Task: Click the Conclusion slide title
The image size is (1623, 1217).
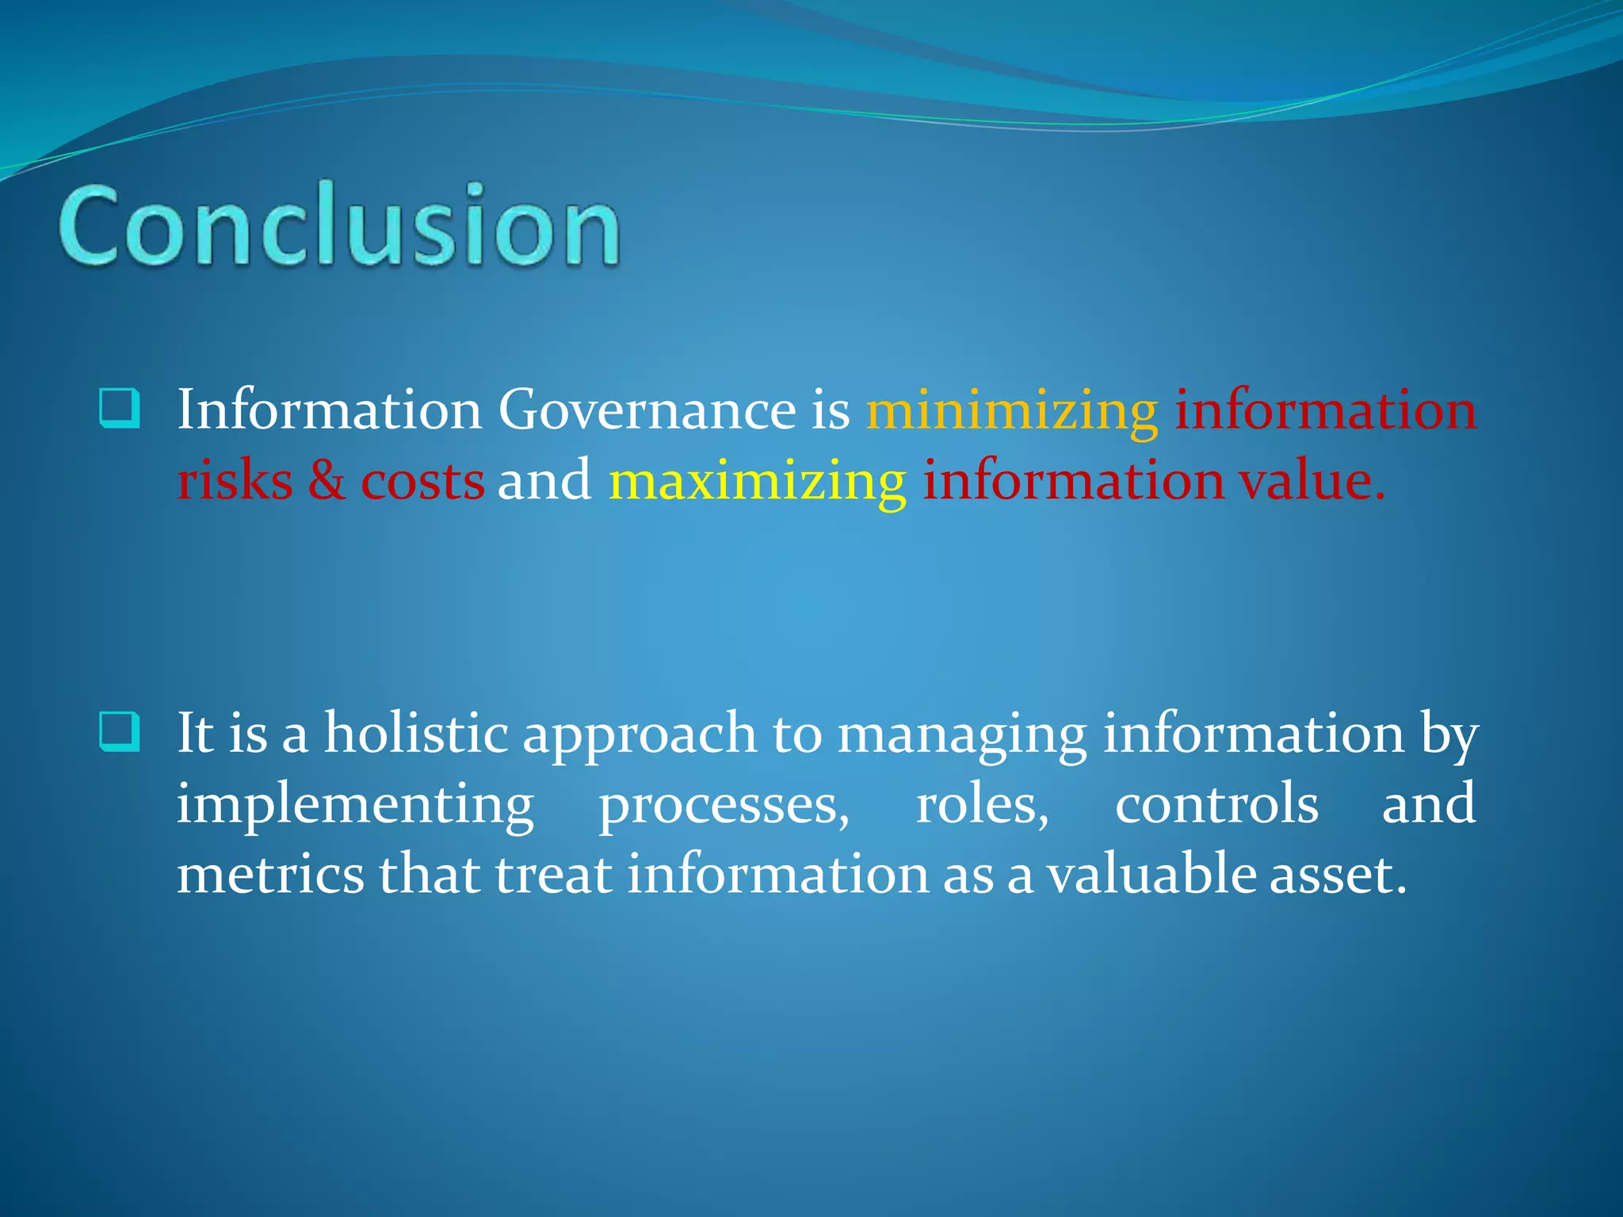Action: point(339,225)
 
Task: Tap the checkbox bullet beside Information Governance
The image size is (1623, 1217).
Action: point(120,408)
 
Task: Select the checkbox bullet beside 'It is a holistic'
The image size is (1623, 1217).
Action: point(120,731)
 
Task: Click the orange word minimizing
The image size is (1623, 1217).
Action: point(1012,410)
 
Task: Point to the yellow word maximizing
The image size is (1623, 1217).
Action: point(757,481)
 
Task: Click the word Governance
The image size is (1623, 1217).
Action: point(647,410)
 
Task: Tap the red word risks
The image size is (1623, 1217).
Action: point(235,481)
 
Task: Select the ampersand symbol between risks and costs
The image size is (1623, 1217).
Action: point(327,481)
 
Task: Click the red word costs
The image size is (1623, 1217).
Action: point(422,481)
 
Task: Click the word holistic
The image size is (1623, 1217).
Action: point(415,733)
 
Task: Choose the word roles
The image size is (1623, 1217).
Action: point(981,804)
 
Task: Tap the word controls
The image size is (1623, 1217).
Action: point(1216,804)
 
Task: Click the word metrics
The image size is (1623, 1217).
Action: point(270,874)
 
